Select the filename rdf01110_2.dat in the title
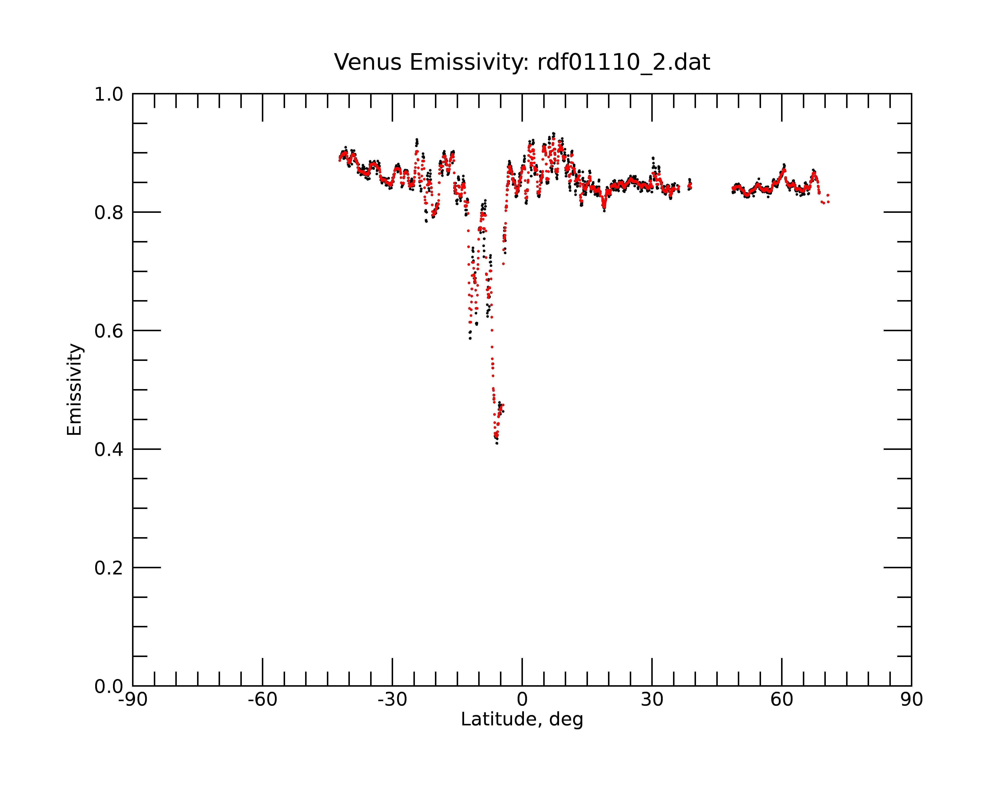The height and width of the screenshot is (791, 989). tap(623, 63)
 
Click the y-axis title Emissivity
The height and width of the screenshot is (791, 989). tap(74, 390)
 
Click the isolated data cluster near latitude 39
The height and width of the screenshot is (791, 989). tap(689, 184)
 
